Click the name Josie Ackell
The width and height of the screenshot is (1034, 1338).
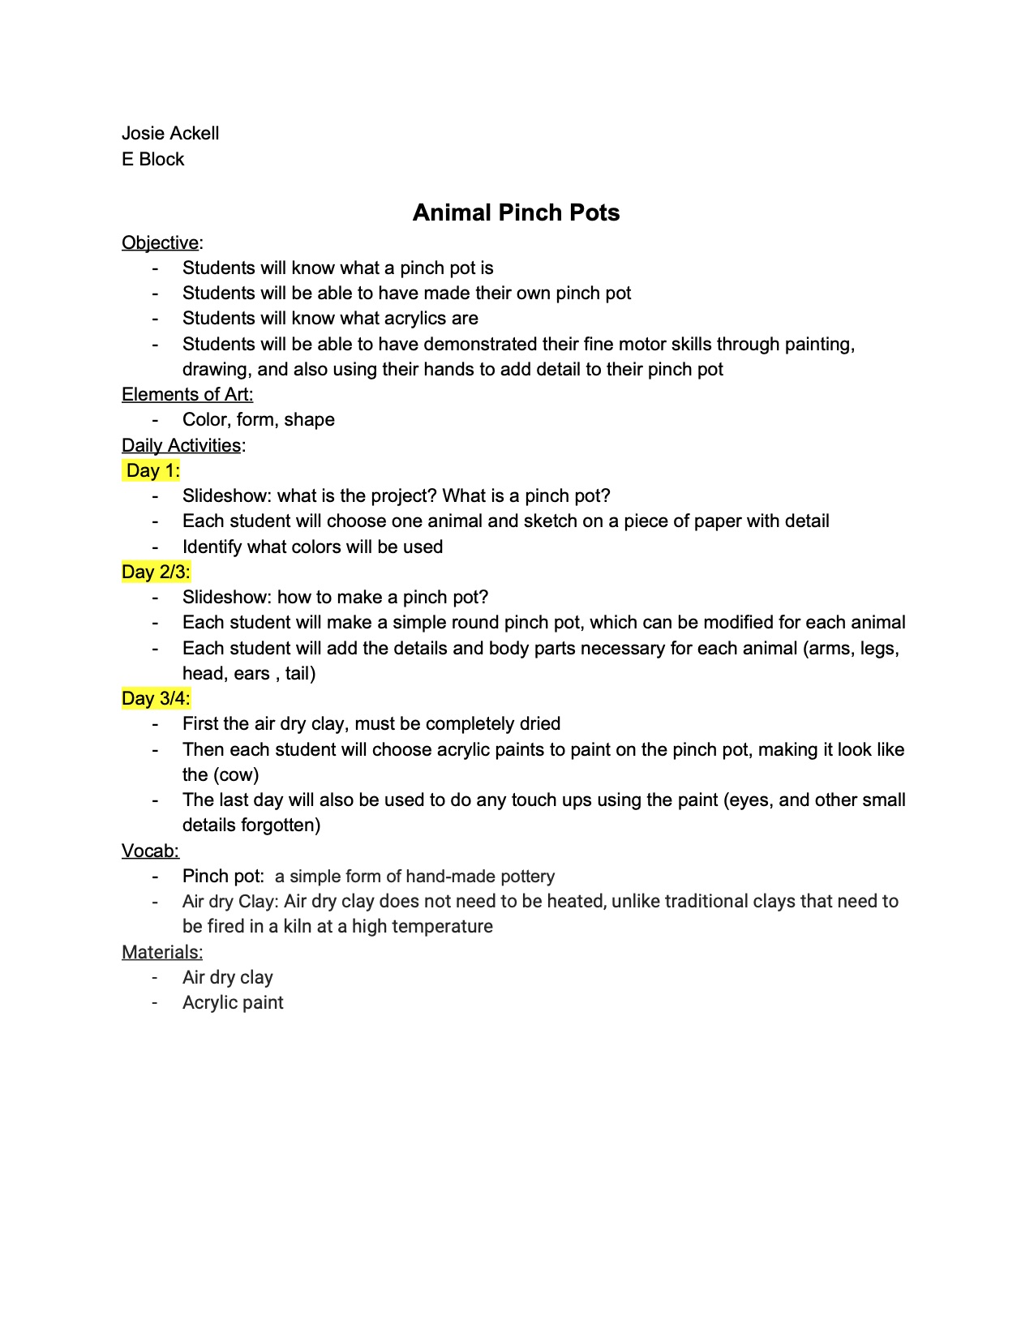tap(170, 134)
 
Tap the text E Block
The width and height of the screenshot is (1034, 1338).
tap(152, 160)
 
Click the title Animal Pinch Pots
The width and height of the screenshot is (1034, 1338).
tap(516, 212)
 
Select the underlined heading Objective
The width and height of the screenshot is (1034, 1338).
tap(160, 242)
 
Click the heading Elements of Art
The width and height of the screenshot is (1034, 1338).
tap(187, 395)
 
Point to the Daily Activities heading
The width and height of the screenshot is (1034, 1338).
tap(181, 445)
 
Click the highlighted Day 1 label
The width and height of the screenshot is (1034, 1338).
tap(152, 471)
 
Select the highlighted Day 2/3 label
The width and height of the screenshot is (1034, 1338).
tap(156, 573)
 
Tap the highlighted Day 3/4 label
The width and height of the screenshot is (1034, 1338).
tap(156, 699)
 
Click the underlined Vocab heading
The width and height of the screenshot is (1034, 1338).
tap(150, 851)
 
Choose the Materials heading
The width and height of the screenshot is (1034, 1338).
tap(162, 952)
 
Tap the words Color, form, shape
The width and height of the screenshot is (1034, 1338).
tap(258, 420)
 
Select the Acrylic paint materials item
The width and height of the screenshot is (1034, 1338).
tap(233, 1003)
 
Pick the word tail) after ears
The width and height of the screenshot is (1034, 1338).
tap(300, 674)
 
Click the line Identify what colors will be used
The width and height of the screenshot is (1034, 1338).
tap(312, 547)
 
